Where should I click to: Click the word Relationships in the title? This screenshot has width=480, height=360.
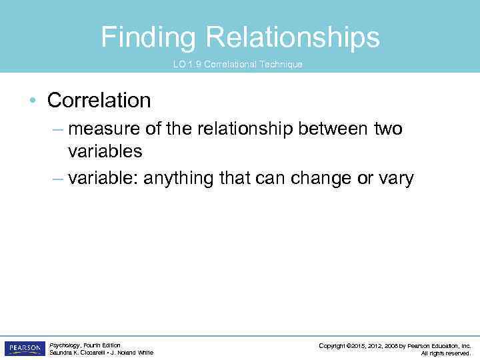(x=293, y=37)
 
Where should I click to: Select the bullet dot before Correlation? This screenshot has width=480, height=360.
(x=31, y=101)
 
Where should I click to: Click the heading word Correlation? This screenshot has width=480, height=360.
(x=99, y=101)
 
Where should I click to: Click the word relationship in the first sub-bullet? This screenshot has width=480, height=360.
(x=241, y=128)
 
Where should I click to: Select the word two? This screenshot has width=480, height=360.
(x=388, y=128)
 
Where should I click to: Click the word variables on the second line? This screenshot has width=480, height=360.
(x=105, y=151)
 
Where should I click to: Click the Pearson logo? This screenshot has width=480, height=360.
(x=25, y=348)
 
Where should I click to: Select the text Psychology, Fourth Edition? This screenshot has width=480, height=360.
(x=85, y=345)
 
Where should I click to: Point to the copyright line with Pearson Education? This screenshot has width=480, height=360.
(x=395, y=345)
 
